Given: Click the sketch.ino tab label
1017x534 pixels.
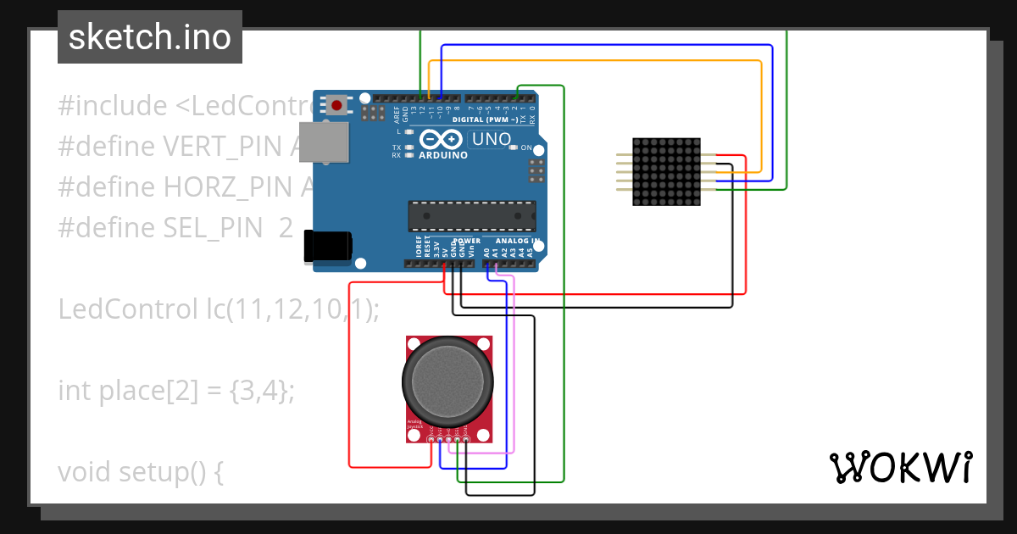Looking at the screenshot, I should [150, 37].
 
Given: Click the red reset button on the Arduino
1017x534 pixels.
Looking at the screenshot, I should [337, 106].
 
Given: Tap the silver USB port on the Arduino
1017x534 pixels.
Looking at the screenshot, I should [325, 142].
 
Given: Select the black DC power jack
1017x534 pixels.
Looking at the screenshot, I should [329, 247].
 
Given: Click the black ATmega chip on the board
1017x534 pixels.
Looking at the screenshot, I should [471, 216].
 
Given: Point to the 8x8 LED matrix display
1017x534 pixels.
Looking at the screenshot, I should [667, 172].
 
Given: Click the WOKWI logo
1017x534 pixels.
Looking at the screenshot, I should [900, 467].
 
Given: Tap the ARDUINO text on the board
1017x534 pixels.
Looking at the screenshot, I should [443, 155].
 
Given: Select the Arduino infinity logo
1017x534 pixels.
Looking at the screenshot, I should [442, 141].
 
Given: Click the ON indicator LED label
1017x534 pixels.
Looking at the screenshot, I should [525, 148].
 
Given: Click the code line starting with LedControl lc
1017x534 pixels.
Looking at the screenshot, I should [219, 309].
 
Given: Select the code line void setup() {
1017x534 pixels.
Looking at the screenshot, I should [141, 472].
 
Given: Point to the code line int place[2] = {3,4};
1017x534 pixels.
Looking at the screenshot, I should [176, 391].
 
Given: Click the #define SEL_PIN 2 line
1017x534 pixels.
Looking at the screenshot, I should [175, 228].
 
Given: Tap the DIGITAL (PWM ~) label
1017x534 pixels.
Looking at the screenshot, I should [486, 120].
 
